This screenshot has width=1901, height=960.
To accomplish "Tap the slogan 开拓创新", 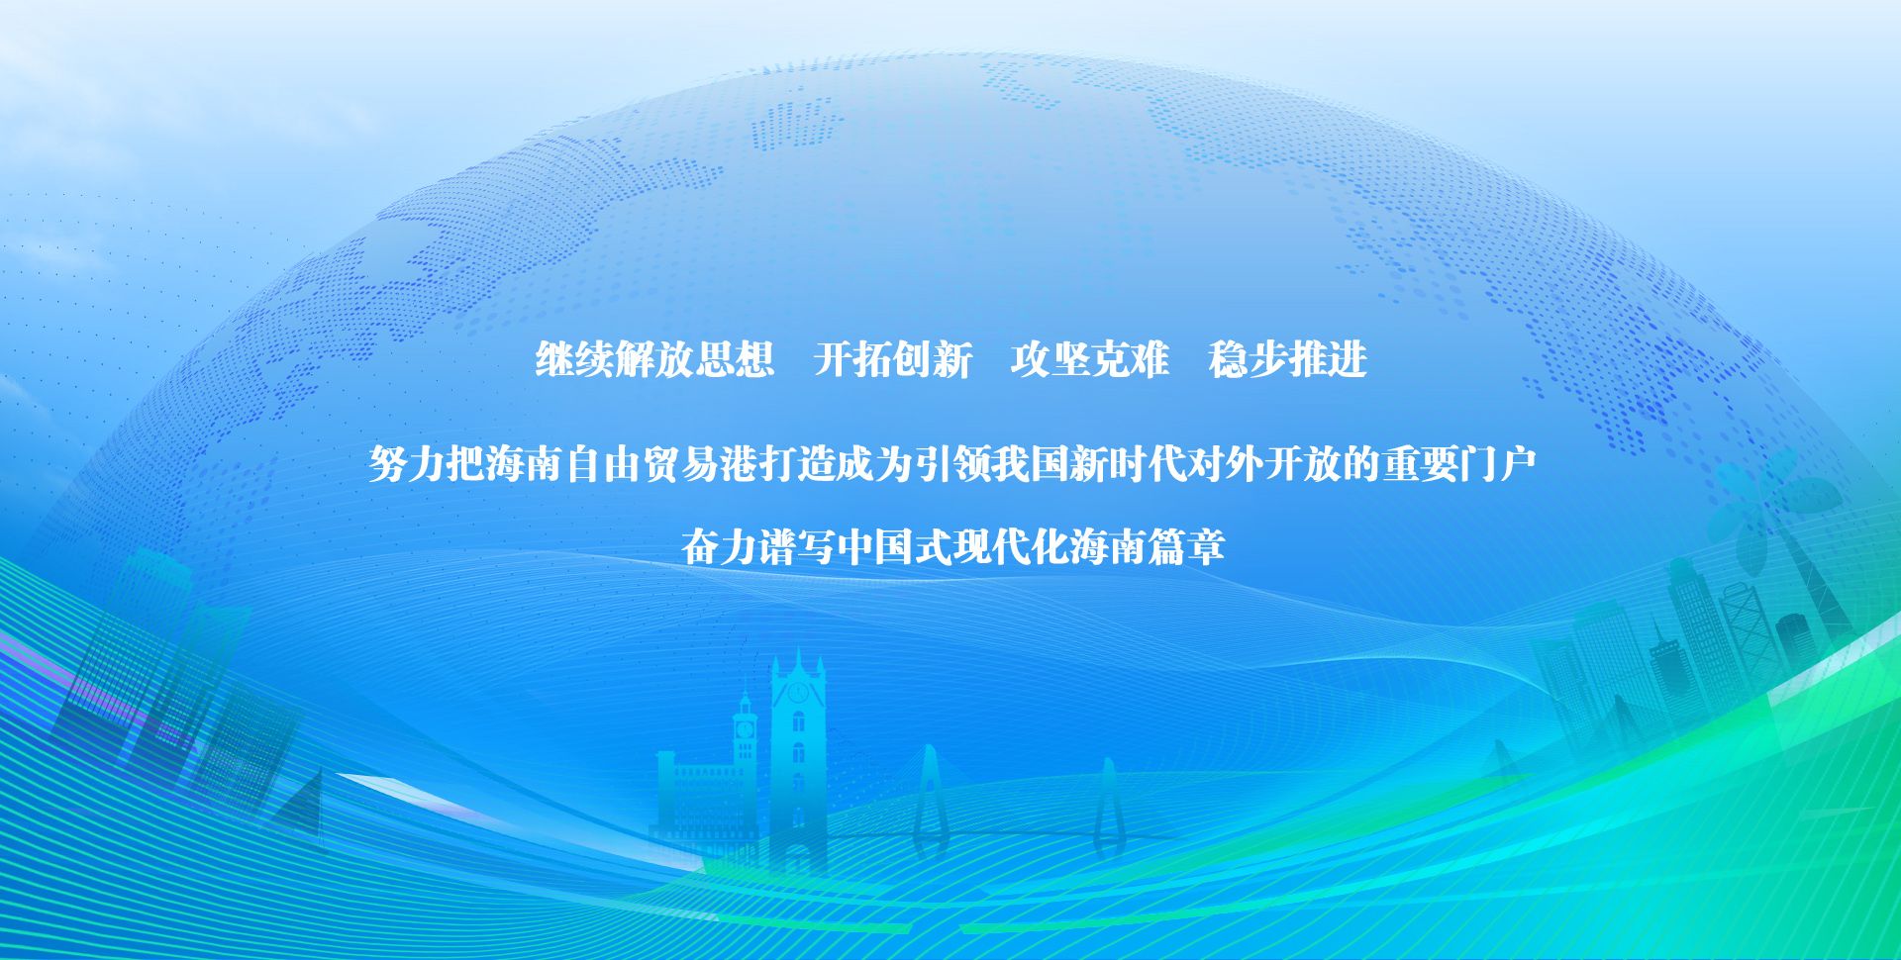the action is [x=893, y=359].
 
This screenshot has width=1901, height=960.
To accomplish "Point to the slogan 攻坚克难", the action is [x=1089, y=359].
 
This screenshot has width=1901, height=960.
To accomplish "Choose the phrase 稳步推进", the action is [x=1287, y=359].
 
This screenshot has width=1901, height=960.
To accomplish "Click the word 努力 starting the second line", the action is [x=407, y=464].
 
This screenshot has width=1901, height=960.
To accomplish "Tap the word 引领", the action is [x=952, y=464].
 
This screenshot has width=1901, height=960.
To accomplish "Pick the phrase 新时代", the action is [x=1127, y=464].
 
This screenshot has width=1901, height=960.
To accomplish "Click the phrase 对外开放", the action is [x=1263, y=464].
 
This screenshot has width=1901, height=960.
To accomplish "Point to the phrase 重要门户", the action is [x=1459, y=464].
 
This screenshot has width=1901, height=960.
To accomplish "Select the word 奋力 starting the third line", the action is [x=719, y=546].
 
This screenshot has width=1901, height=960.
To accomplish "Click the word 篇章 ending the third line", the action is [x=1186, y=546].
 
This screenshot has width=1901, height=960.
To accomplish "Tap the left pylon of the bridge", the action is [x=928, y=797].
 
